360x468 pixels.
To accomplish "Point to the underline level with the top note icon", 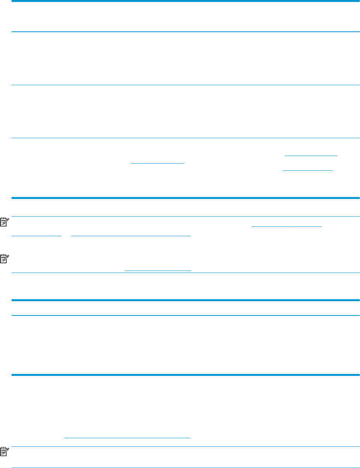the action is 287,227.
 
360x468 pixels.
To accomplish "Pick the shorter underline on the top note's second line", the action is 36,235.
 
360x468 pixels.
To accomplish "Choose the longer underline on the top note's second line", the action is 131,235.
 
